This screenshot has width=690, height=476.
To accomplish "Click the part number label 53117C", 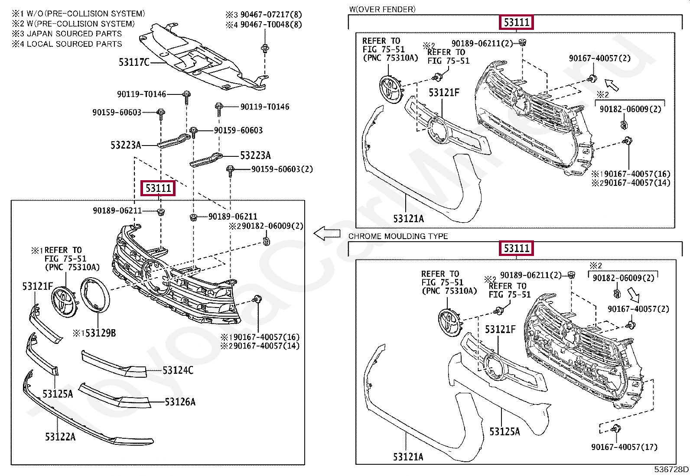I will [x=134, y=62].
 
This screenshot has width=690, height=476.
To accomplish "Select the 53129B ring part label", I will [x=94, y=333].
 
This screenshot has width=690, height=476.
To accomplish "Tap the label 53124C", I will [x=178, y=370].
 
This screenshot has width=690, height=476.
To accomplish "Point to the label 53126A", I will [x=180, y=402].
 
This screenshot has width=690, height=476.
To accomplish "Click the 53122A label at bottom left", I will [x=60, y=437].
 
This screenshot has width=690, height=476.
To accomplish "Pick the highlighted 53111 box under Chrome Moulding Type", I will [x=516, y=249].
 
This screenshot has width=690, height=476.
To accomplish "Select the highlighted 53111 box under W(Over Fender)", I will [x=516, y=22].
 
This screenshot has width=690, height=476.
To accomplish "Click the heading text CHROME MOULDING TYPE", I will [x=398, y=236].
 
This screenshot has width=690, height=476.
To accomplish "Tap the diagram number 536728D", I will [x=671, y=470].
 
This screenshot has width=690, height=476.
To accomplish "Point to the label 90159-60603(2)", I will [x=282, y=169].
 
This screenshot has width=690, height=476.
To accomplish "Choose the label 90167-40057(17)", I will [x=624, y=447].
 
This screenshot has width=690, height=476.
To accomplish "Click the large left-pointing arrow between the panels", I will [x=327, y=234].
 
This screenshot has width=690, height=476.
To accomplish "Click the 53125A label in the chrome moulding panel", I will [x=504, y=431].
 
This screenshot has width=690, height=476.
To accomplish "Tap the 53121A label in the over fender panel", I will [x=408, y=219].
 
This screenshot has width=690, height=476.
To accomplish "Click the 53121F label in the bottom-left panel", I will [x=37, y=286].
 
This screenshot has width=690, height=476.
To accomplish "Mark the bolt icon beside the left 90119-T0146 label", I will [x=187, y=95].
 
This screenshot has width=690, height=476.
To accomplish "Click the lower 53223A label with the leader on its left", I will [x=255, y=155].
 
